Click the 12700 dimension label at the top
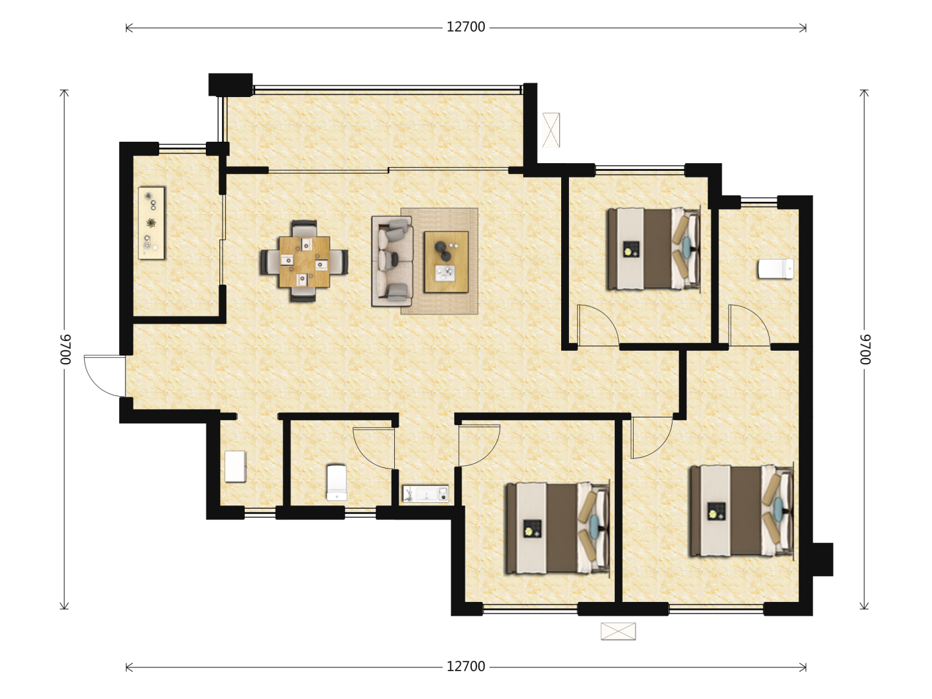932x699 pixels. click(x=465, y=28)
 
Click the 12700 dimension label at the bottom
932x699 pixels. click(x=465, y=667)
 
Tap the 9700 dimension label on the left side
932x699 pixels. click(x=65, y=349)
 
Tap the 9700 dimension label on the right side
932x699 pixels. click(x=865, y=349)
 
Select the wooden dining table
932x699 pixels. click(x=304, y=261)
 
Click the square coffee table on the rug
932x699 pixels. click(x=446, y=262)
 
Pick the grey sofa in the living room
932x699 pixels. click(x=392, y=261)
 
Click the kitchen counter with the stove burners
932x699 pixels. click(x=151, y=223)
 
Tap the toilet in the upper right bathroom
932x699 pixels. click(x=776, y=269)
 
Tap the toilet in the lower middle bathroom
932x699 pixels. click(x=337, y=482)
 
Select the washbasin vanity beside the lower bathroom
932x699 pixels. click(x=425, y=494)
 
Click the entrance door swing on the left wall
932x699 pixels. click(x=105, y=376)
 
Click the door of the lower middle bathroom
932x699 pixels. click(x=373, y=449)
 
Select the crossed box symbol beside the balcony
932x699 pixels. click(x=551, y=130)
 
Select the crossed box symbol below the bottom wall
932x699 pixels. click(x=618, y=631)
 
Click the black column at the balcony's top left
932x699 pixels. click(x=230, y=84)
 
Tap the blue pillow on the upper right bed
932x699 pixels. click(x=687, y=247)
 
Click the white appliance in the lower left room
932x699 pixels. click(x=235, y=467)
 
